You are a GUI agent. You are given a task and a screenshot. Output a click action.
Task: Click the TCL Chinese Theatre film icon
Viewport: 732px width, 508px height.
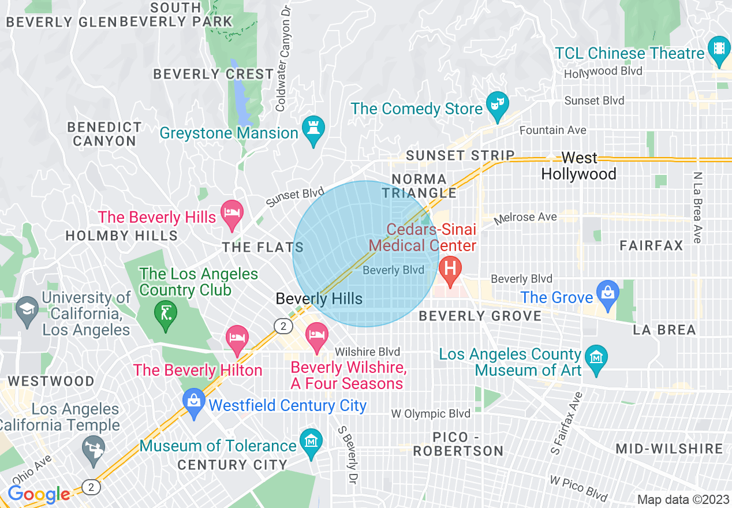(719, 47)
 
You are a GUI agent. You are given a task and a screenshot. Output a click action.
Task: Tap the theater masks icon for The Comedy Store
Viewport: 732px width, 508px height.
(496, 103)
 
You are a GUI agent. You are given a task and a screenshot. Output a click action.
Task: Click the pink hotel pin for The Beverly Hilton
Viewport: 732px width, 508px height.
(237, 338)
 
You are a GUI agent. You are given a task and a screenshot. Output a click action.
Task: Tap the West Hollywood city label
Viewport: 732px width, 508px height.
(579, 166)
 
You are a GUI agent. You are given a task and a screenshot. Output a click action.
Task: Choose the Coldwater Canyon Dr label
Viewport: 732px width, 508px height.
(283, 58)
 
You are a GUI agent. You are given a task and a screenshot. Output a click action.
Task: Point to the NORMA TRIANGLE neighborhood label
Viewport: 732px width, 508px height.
(419, 186)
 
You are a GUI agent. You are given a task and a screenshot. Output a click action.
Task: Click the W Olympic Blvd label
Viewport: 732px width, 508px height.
(431, 413)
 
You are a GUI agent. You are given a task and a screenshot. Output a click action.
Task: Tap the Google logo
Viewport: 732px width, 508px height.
(39, 495)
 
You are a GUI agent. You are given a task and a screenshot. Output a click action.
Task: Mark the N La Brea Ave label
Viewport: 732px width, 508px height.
(698, 208)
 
